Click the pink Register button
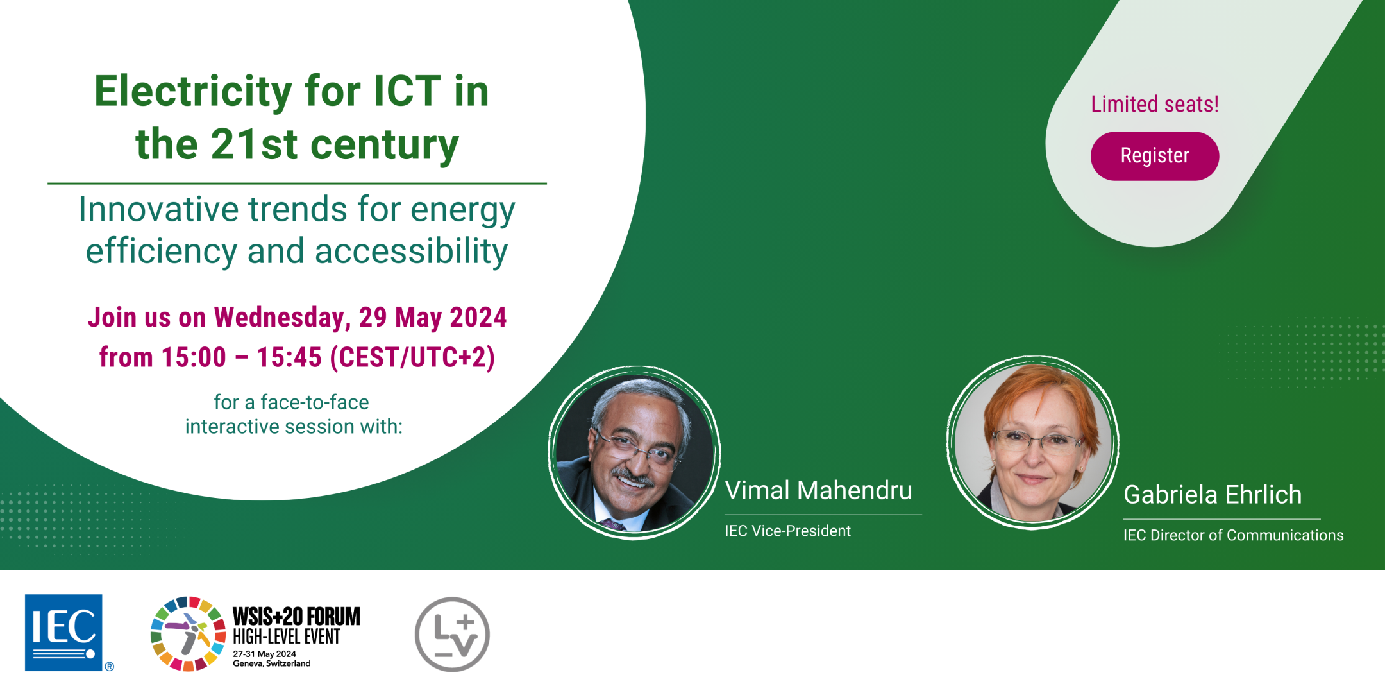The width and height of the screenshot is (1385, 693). coord(1154,156)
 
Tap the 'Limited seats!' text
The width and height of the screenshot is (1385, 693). coord(1155,104)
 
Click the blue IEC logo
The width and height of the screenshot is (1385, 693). coord(63,632)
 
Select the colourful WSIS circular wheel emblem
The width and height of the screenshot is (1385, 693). coord(188,633)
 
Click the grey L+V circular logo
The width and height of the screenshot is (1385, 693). coord(452,634)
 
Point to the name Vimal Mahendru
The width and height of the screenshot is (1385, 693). coord(818,490)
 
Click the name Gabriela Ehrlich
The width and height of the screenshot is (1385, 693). coord(1213,495)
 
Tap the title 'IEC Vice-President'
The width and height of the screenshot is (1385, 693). coord(787,531)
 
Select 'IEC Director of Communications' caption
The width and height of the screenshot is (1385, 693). coord(1233,535)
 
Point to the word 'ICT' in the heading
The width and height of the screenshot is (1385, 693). coord(407,91)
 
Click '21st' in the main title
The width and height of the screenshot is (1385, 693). coord(254,144)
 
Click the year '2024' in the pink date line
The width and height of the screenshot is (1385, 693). coord(478,318)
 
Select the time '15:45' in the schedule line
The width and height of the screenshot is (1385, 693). coord(289,357)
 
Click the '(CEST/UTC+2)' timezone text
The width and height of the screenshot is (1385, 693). coord(412,357)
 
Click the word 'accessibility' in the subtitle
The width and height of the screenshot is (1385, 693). coord(412,252)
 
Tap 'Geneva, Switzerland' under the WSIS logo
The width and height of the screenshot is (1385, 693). coord(271,663)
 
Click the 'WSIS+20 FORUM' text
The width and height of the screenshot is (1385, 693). coord(296,617)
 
